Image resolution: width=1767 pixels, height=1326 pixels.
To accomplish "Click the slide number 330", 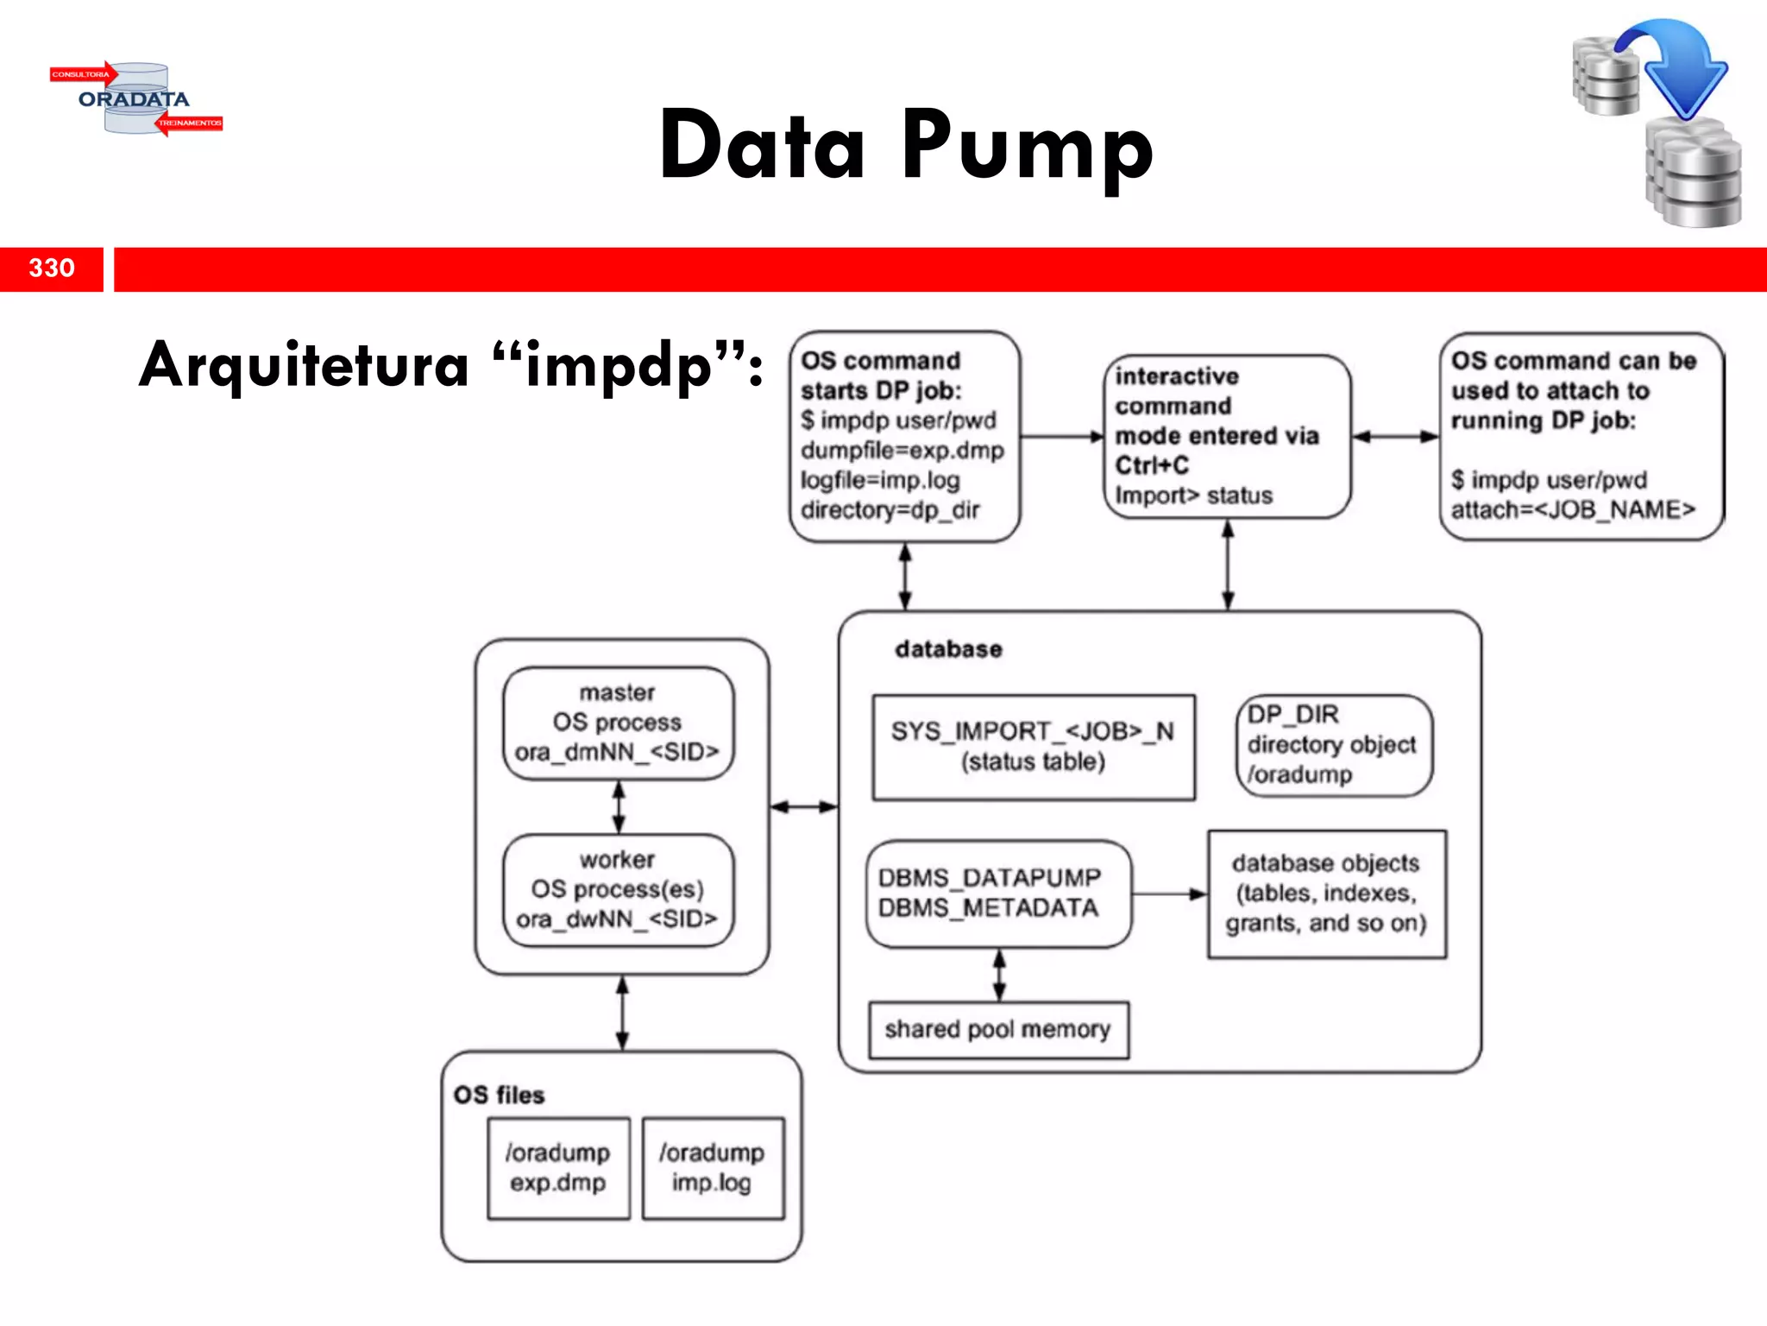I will pos(52,268).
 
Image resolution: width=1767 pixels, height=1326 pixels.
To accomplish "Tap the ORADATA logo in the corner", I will pos(135,99).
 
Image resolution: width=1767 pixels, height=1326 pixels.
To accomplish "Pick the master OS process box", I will pos(618,723).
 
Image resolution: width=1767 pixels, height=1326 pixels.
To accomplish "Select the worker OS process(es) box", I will pos(618,890).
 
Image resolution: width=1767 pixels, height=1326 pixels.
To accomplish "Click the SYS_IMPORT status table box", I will pos(1033,747).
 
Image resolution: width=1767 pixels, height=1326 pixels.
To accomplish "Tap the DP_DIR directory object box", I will pos(1333,745).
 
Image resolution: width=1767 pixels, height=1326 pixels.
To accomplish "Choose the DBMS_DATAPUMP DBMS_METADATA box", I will pos(997,893).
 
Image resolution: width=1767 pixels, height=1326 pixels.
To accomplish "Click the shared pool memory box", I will pos(998,1030).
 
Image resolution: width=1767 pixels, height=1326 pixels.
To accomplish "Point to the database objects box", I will pos(1327,893).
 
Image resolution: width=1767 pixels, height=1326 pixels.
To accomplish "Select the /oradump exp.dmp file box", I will pos(558,1168).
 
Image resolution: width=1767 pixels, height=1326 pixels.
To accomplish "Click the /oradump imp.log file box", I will pos(713,1168).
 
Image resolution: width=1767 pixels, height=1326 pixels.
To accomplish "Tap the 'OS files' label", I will pos(500,1096).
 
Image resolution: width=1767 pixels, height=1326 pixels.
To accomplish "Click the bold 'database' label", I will pos(948,649).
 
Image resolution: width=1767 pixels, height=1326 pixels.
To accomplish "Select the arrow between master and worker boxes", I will pos(619,806).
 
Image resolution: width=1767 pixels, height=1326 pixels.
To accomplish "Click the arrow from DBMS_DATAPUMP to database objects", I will pos(1169,894).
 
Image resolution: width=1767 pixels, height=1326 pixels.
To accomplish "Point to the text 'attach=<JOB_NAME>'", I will pos(1573,510).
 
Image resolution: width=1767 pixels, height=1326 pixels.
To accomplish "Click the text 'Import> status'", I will pos(1193,496).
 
